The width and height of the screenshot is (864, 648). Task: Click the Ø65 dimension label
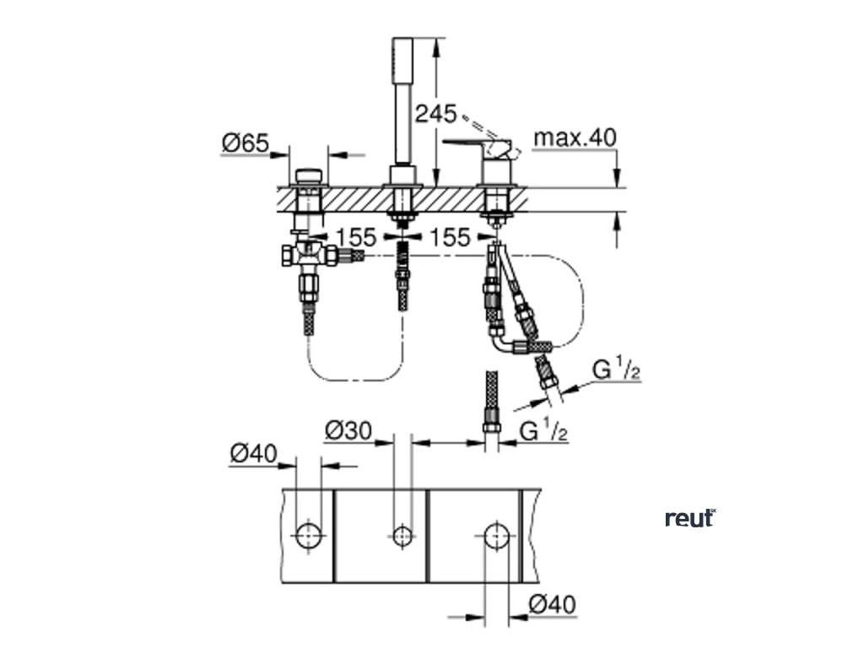[245, 144]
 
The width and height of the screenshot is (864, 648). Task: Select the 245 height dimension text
[435, 113]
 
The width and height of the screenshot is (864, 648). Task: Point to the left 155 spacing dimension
[356, 237]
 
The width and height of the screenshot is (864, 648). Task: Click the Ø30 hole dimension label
[348, 431]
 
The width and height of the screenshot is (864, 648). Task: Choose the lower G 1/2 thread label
[543, 431]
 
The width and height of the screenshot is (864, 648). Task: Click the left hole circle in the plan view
[309, 533]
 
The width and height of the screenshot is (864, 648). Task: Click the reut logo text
[689, 518]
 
